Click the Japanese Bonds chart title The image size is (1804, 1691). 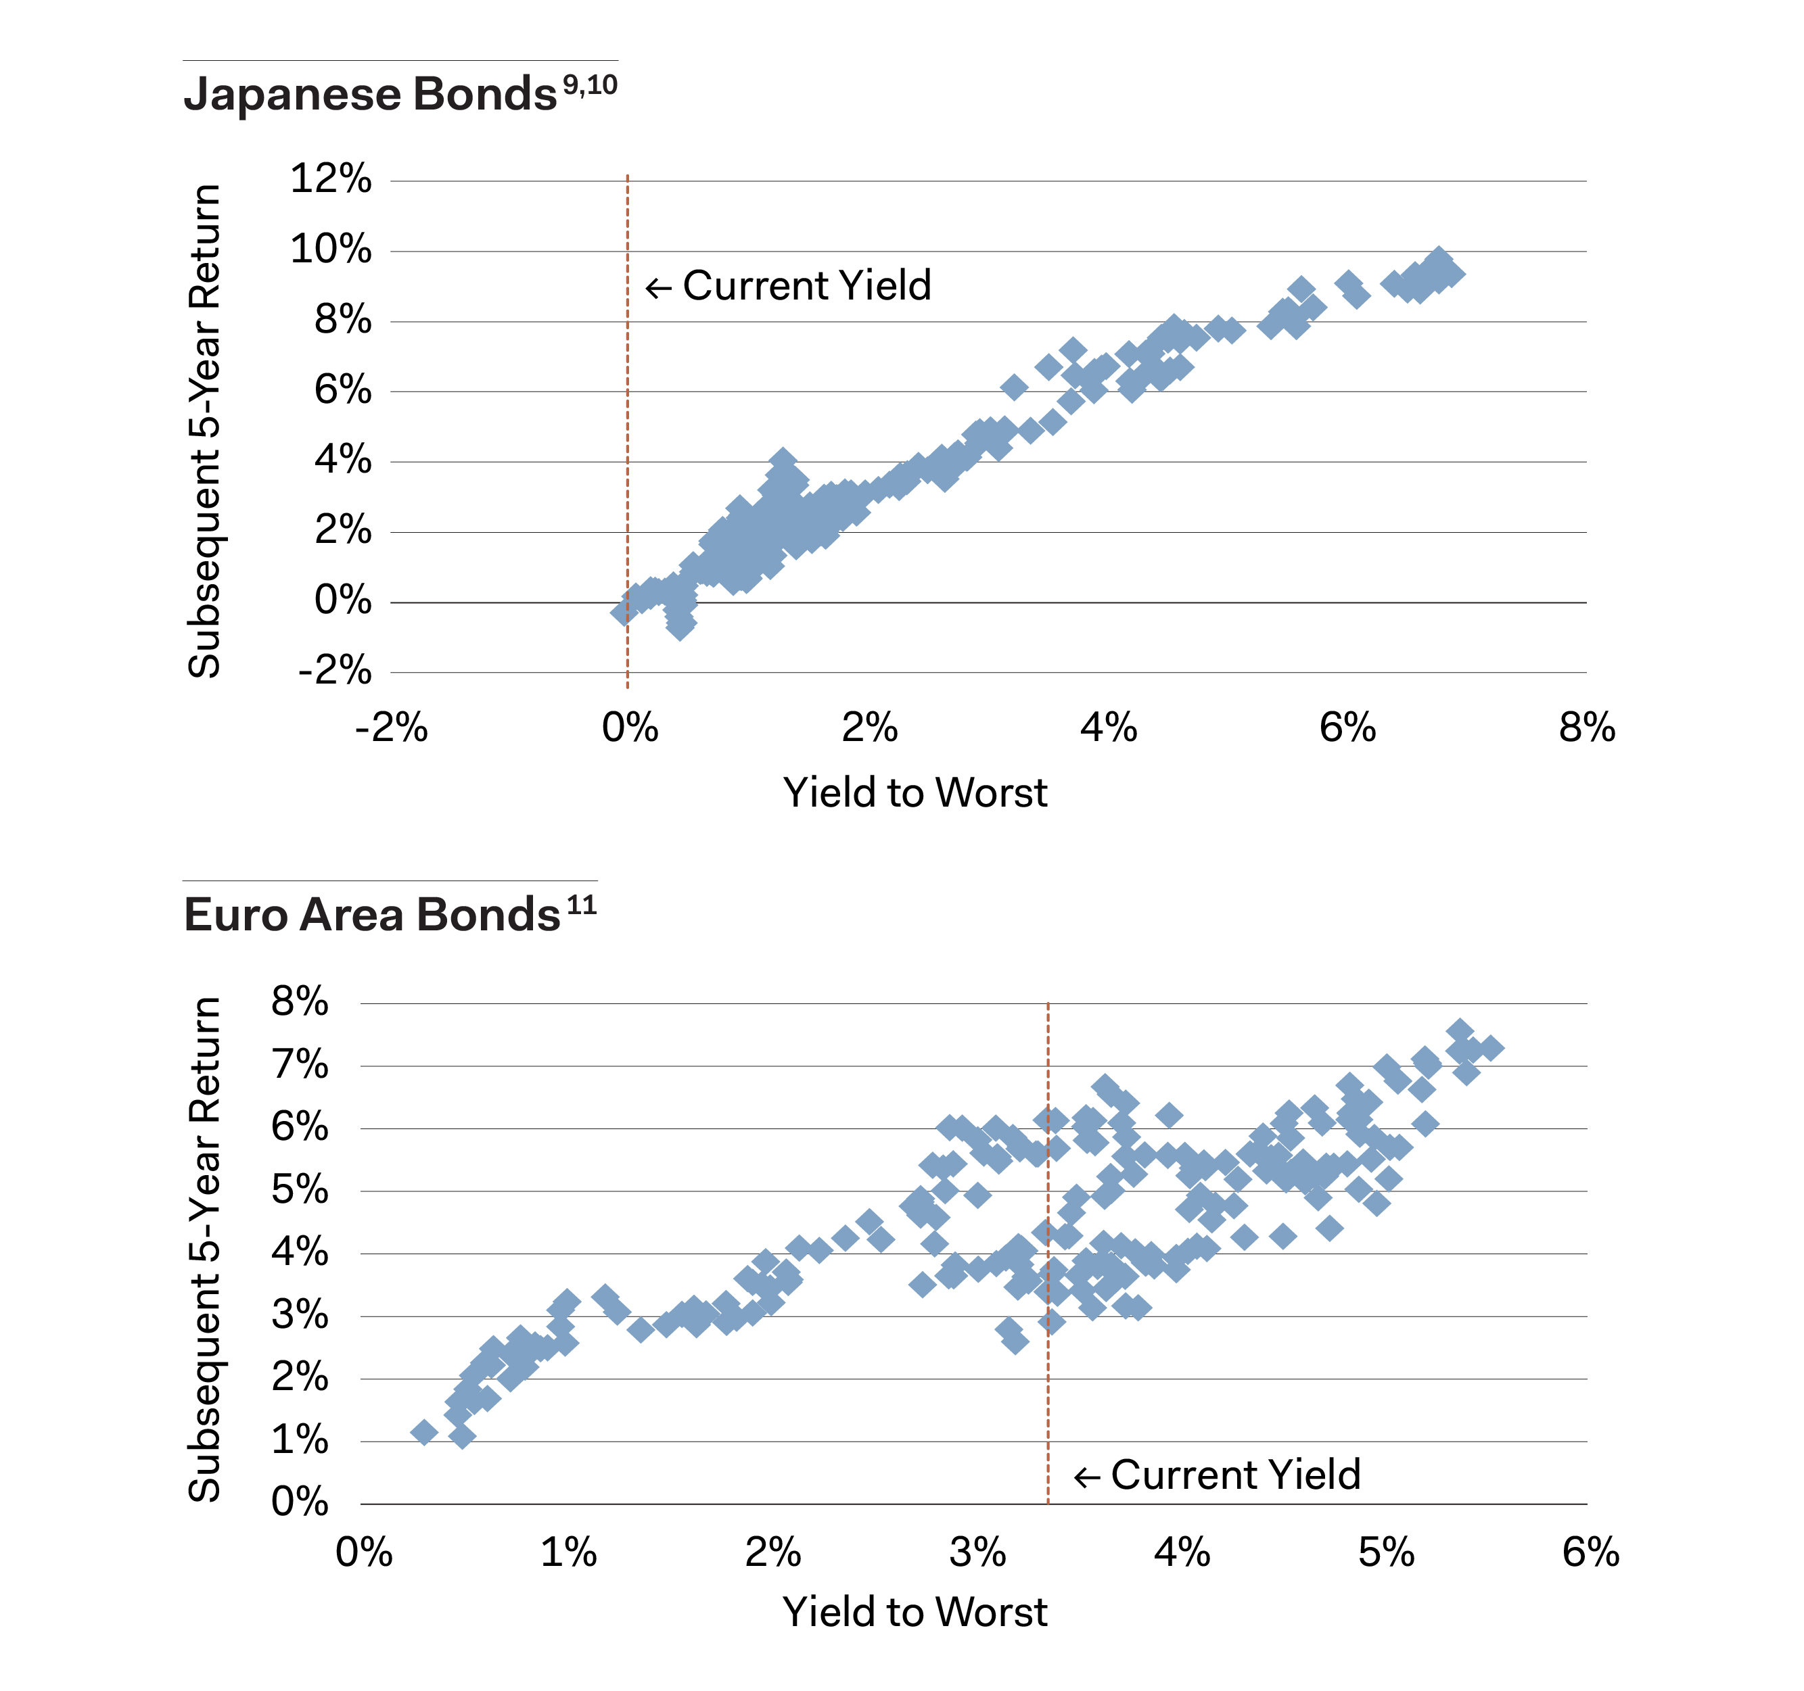pyautogui.click(x=369, y=95)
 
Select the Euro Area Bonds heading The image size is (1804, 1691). pyautogui.click(x=371, y=914)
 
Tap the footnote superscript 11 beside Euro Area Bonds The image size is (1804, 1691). pyautogui.click(x=581, y=905)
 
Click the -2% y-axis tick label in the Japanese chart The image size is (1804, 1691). pyautogui.click(x=334, y=671)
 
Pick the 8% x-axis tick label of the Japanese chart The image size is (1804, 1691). pyautogui.click(x=1586, y=728)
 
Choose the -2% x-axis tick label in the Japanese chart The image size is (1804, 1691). pyautogui.click(x=391, y=728)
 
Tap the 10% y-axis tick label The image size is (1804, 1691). pyautogui.click(x=330, y=249)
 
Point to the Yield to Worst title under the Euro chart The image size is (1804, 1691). pyautogui.click(x=915, y=1612)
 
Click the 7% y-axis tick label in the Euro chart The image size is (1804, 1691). pyautogui.click(x=300, y=1064)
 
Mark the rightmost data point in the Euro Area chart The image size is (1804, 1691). pyautogui.click(x=1490, y=1048)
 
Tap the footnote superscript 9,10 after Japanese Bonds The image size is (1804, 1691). pyautogui.click(x=590, y=85)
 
